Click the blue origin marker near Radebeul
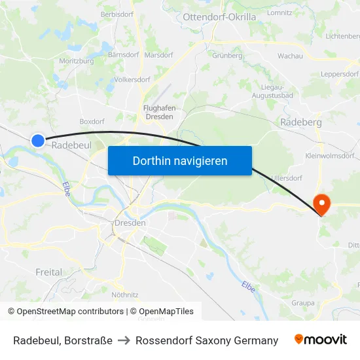tap(38, 140)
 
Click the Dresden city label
tap(130, 223)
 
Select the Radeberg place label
tap(300, 122)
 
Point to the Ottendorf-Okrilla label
tap(219, 17)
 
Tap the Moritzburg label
tap(77, 61)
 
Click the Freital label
tap(49, 272)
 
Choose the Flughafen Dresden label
tap(158, 112)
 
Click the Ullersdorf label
tap(286, 177)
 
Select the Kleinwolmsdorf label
tap(330, 156)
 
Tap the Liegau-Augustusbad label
tap(272, 92)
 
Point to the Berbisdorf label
tap(118, 14)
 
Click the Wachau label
tap(290, 56)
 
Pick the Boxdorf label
tap(92, 121)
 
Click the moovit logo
tap(321, 340)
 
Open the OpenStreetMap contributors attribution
tap(67, 312)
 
